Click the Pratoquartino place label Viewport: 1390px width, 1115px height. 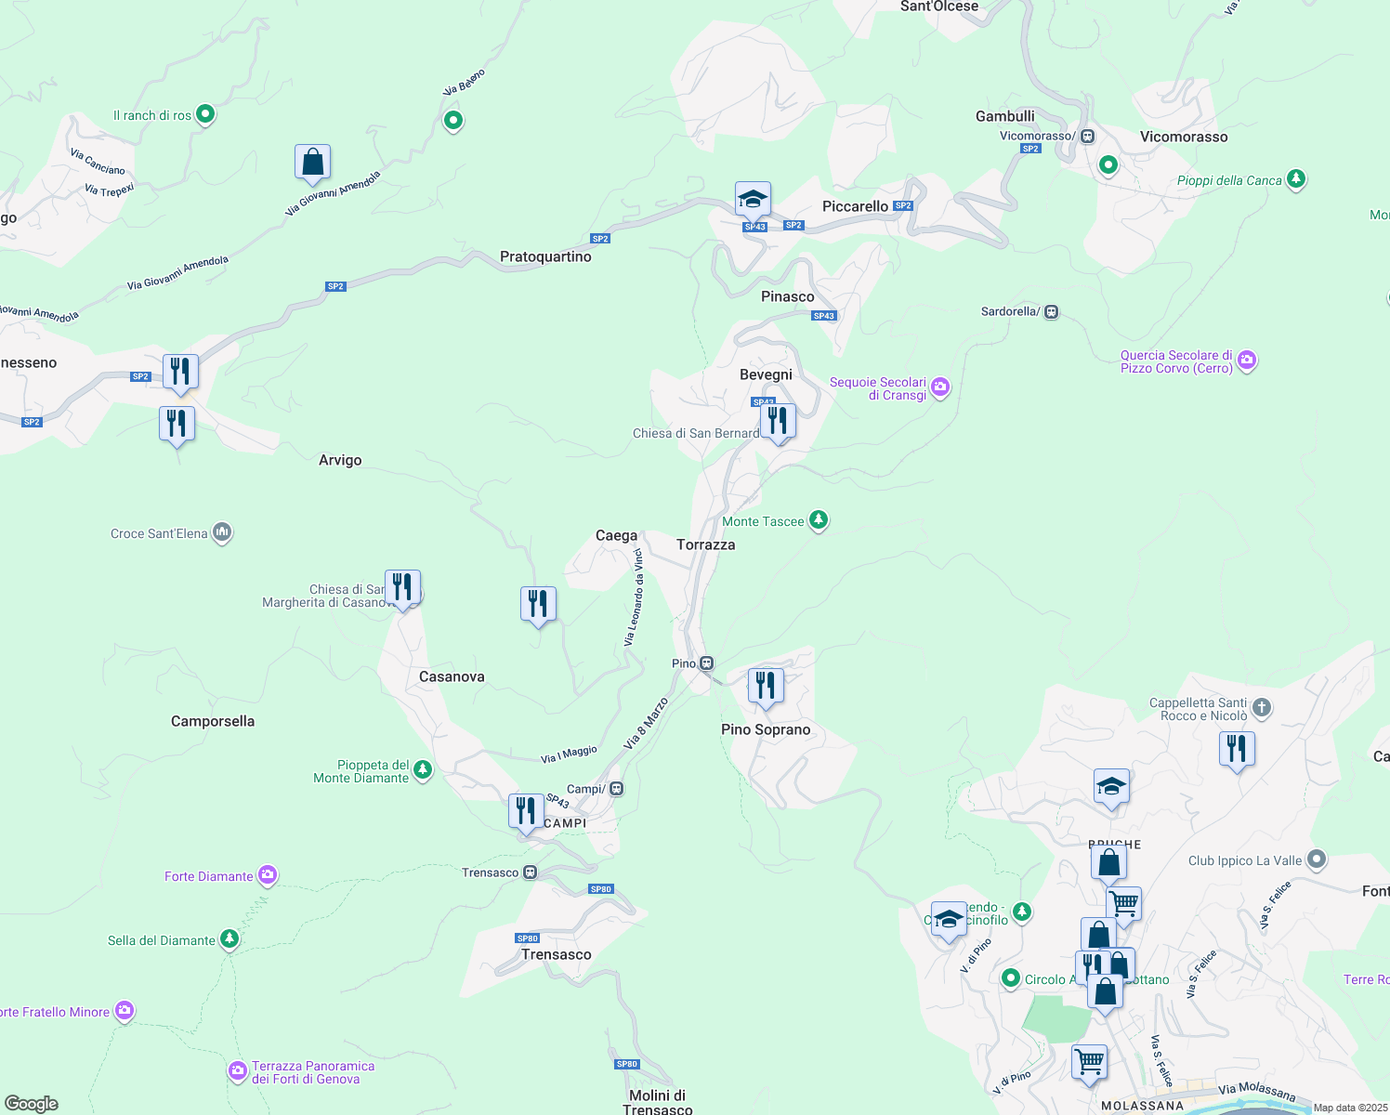pyautogui.click(x=545, y=256)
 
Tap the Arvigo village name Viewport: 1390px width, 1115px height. pyautogui.click(x=340, y=460)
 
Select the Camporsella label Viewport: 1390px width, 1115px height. pyautogui.click(x=213, y=721)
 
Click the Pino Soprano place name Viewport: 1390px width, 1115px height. pyautogui.click(x=766, y=729)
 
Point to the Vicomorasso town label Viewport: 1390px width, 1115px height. pyautogui.click(x=1184, y=137)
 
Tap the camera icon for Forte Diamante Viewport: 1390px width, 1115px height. pyautogui.click(x=268, y=875)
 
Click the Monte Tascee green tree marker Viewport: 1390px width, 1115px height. pyautogui.click(x=819, y=520)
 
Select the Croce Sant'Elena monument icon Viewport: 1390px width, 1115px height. pyautogui.click(x=222, y=532)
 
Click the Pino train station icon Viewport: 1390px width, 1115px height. pyautogui.click(x=707, y=663)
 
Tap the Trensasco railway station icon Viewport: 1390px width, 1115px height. pyautogui.click(x=531, y=872)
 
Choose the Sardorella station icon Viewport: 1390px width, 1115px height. pyautogui.click(x=1052, y=311)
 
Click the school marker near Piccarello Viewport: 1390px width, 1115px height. pyautogui.click(x=753, y=199)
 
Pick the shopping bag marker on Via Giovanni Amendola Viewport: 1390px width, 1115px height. pyautogui.click(x=313, y=162)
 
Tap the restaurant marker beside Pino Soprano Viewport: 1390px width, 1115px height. pyautogui.click(x=766, y=686)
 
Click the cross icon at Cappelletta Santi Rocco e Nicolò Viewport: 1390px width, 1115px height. pyautogui.click(x=1262, y=708)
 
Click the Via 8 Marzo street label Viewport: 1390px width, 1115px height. pyautogui.click(x=646, y=724)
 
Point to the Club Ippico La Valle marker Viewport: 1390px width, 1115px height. pyautogui.click(x=1317, y=859)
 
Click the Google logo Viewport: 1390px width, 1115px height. pyautogui.click(x=32, y=1104)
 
